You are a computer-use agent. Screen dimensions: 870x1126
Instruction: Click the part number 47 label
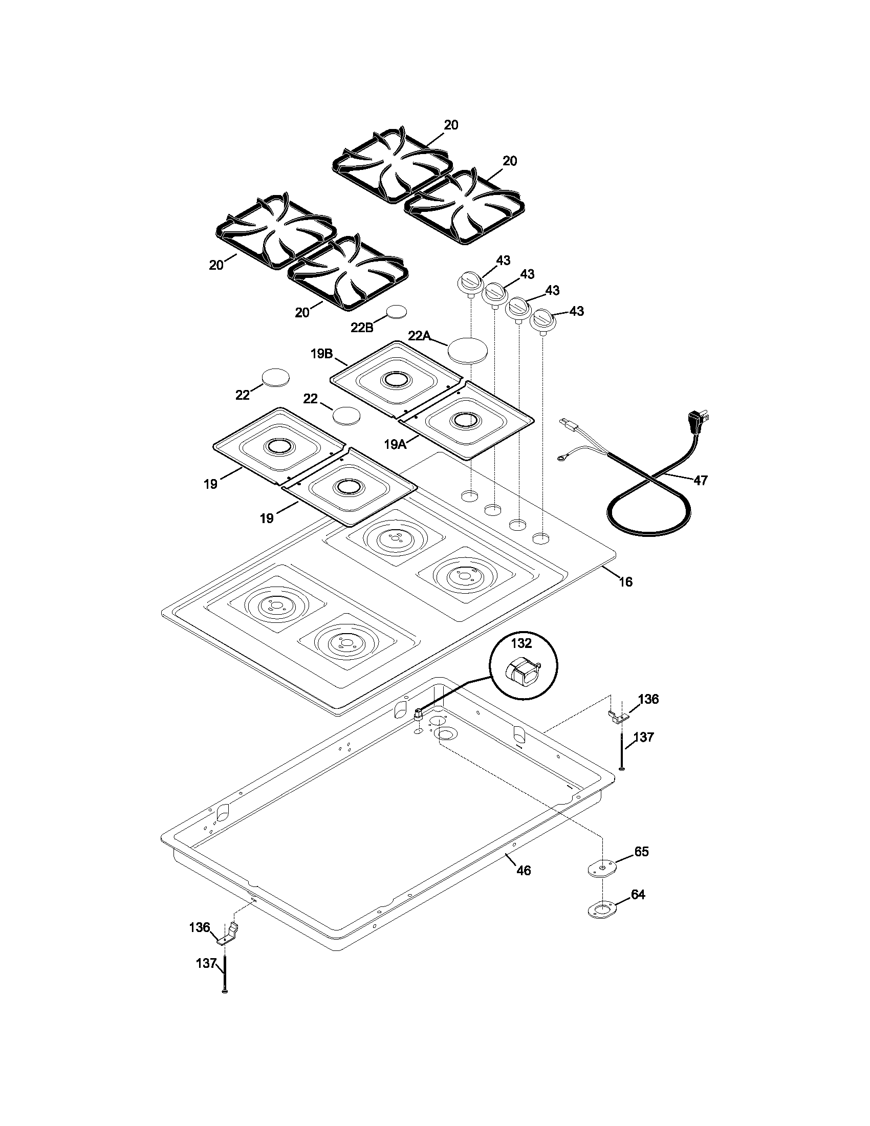700,480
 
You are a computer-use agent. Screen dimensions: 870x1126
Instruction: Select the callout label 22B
362,327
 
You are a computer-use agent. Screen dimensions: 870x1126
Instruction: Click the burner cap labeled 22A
468,351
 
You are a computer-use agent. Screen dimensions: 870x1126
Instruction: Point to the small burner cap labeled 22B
396,312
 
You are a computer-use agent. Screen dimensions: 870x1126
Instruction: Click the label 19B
321,354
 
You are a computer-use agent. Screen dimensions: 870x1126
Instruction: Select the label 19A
395,444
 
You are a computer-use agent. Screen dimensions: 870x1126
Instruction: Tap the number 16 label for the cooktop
625,581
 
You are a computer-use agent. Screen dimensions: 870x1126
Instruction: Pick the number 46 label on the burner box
524,870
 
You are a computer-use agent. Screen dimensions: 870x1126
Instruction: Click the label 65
642,852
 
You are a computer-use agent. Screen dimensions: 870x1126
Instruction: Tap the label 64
638,895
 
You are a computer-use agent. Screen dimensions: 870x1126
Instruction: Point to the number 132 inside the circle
521,643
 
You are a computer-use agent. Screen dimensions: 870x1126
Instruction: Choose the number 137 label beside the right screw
643,737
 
